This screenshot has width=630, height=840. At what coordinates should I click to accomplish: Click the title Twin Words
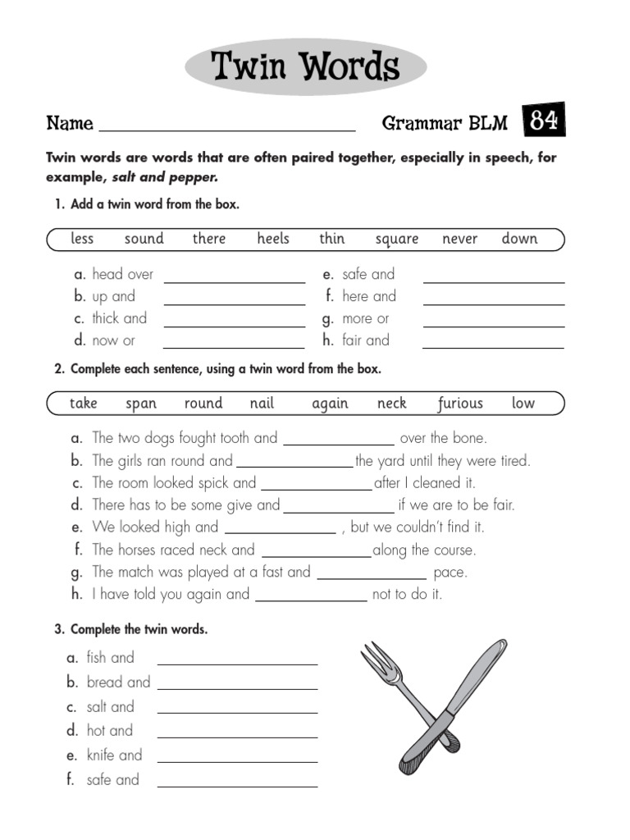pyautogui.click(x=305, y=67)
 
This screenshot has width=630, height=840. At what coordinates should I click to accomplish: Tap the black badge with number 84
pyautogui.click(x=544, y=121)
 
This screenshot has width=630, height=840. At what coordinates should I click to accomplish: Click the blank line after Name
pyautogui.click(x=226, y=125)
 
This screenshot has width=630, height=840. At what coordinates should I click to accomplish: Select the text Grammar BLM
pyautogui.click(x=445, y=124)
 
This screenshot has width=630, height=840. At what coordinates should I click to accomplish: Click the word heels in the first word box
pyautogui.click(x=273, y=239)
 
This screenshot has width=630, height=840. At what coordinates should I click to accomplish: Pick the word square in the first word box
pyautogui.click(x=397, y=240)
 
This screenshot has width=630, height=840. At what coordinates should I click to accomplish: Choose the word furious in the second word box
pyautogui.click(x=460, y=404)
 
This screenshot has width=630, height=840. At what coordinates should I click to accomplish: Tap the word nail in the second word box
pyautogui.click(x=262, y=404)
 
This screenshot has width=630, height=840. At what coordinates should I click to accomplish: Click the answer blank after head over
pyautogui.click(x=234, y=276)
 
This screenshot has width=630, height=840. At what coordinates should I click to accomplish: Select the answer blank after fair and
pyautogui.click(x=493, y=342)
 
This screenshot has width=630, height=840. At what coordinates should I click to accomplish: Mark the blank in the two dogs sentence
pyautogui.click(x=338, y=440)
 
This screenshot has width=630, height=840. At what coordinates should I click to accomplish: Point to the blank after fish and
pyautogui.click(x=237, y=659)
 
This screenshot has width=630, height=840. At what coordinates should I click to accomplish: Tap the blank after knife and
pyautogui.click(x=237, y=756)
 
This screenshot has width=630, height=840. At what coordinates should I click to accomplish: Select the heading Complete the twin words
pyautogui.click(x=139, y=630)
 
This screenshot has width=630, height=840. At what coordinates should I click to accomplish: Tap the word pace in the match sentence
pyautogui.click(x=450, y=573)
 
